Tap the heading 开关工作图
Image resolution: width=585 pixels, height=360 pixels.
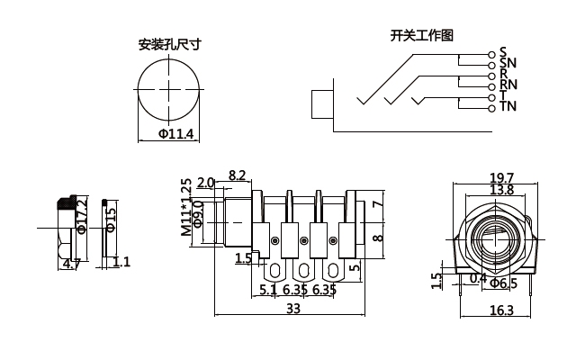tap(421, 36)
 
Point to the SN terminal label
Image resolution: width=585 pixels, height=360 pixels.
tap(508, 63)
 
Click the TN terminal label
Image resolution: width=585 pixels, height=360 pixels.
tap(508, 107)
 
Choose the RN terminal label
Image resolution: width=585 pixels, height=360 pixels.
tap(508, 85)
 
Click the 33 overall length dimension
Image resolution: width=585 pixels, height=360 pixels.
tap(293, 309)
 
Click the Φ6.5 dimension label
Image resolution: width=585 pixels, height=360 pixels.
tap(508, 283)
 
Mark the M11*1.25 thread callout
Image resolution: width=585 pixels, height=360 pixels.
tap(186, 207)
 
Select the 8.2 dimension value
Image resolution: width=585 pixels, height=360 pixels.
tap(238, 175)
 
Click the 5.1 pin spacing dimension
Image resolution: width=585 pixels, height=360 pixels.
tap(268, 290)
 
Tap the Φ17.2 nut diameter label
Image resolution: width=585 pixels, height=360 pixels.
tap(82, 217)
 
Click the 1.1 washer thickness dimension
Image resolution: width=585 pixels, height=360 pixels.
tap(121, 262)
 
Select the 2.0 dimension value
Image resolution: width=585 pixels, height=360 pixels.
tap(205, 183)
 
